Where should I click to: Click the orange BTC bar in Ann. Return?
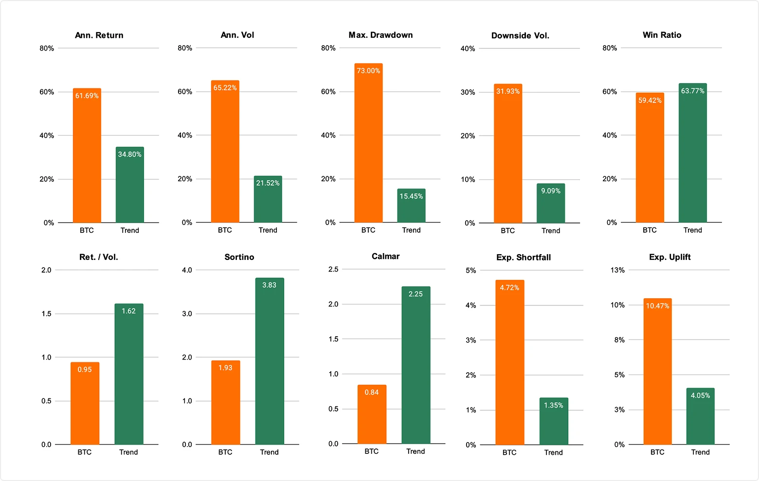[x=87, y=155]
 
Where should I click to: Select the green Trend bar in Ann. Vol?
[x=268, y=199]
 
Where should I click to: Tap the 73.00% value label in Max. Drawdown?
[x=368, y=71]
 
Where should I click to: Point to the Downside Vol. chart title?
[x=520, y=35]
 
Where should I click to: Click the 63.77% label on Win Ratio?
[x=692, y=91]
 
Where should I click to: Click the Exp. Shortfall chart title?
[x=524, y=258]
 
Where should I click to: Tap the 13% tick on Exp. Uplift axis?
[x=617, y=270]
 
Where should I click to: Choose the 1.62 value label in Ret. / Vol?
[x=128, y=311]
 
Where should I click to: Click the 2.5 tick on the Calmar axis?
[x=333, y=269]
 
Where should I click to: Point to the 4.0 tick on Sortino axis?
[x=187, y=270]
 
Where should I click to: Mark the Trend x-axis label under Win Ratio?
[x=692, y=230]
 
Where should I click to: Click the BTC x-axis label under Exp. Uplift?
[x=657, y=452]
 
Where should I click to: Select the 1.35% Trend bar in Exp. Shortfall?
[x=553, y=421]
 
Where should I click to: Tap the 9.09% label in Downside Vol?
[x=551, y=191]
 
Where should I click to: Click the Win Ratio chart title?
[x=662, y=35]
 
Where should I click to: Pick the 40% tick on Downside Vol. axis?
[x=468, y=49]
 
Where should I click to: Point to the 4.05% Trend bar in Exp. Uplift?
[x=700, y=416]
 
